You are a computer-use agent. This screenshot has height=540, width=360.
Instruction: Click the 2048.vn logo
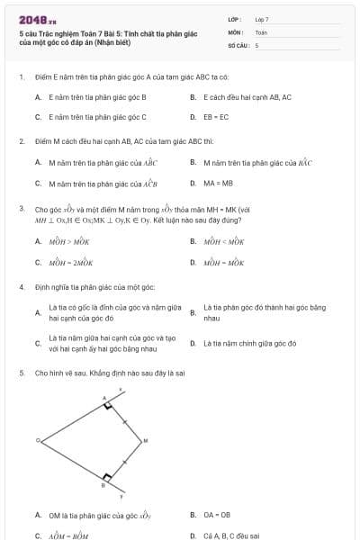coord(37,20)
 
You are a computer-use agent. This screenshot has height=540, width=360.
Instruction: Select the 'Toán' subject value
coord(261,31)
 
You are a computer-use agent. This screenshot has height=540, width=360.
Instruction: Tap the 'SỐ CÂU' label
coord(238,45)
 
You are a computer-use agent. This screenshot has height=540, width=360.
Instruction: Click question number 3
coord(21,208)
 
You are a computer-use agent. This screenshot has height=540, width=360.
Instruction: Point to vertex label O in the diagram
coord(38,440)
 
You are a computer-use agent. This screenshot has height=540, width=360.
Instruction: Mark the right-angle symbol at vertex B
coord(108,476)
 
